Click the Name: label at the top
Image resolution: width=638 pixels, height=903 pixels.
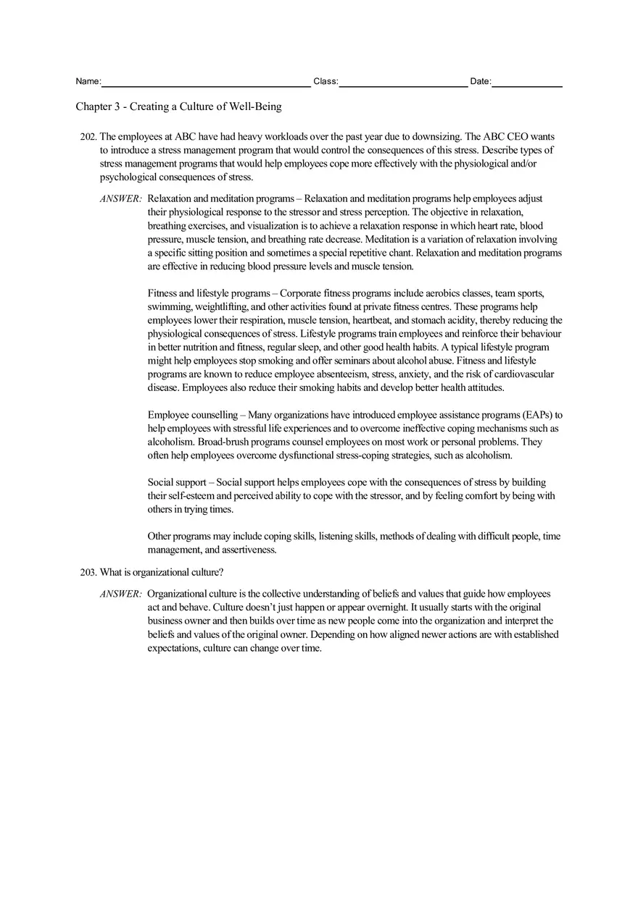tap(88, 82)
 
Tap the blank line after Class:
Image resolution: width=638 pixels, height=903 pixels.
tap(403, 83)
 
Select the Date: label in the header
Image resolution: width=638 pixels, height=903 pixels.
tap(480, 82)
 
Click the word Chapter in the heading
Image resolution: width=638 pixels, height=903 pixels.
tap(94, 106)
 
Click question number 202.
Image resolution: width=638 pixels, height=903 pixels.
tap(88, 136)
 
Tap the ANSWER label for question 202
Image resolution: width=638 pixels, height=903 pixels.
tap(120, 198)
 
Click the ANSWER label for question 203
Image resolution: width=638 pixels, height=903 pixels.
tap(120, 594)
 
